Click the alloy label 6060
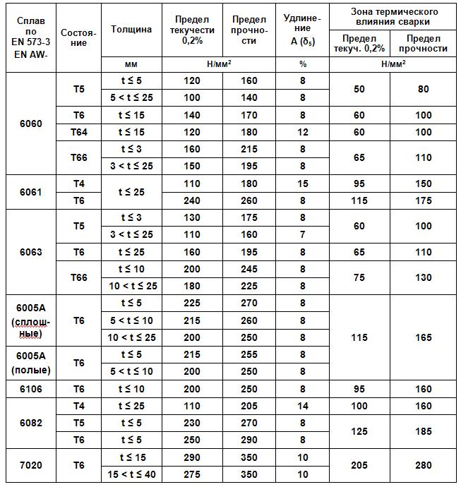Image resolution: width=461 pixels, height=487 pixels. click(x=30, y=124)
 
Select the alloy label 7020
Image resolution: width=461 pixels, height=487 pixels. click(x=30, y=465)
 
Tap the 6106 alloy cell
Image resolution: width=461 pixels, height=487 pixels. click(x=30, y=388)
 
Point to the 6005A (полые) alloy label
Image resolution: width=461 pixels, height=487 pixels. click(x=30, y=362)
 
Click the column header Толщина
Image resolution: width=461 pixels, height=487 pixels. click(x=131, y=30)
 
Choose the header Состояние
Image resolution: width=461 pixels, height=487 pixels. click(x=79, y=37)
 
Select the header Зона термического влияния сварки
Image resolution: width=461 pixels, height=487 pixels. click(x=394, y=16)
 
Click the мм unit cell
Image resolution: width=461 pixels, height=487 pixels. click(x=131, y=64)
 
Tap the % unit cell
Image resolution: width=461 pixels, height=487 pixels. click(x=303, y=64)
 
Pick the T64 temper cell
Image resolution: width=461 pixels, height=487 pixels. click(x=79, y=132)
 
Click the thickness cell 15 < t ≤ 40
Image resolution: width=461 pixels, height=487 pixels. click(x=131, y=474)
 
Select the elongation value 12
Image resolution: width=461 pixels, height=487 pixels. click(x=303, y=132)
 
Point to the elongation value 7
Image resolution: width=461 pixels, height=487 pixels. click(x=303, y=234)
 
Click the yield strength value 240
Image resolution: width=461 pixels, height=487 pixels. click(x=192, y=200)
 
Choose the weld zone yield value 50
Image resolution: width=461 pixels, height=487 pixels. click(x=359, y=89)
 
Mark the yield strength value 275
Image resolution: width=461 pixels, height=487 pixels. click(x=192, y=474)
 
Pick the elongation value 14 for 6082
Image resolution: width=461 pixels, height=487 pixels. click(x=303, y=406)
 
